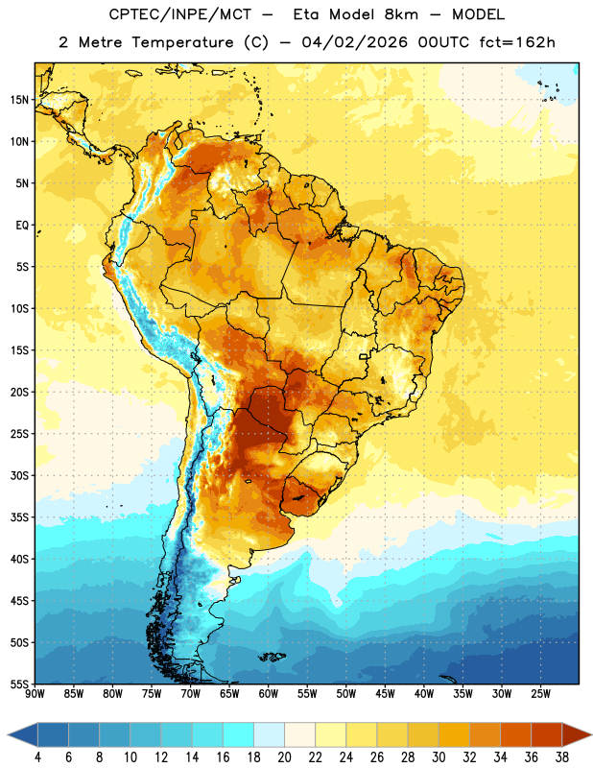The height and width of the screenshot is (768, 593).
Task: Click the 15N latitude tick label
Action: [19, 100]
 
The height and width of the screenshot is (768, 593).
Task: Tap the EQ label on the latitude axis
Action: [22, 226]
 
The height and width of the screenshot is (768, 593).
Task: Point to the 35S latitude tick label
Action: [19, 517]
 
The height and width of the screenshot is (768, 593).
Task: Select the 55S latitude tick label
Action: [19, 684]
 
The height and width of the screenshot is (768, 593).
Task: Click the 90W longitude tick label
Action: [35, 694]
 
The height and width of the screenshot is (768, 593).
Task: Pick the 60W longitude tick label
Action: [269, 694]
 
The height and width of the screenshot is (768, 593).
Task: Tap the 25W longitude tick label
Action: [540, 694]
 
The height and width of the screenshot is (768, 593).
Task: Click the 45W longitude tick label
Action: [385, 694]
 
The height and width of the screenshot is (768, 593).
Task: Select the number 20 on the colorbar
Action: [284, 757]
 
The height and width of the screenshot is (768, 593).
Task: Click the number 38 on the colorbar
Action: [562, 757]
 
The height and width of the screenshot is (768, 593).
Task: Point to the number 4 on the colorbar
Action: [37, 757]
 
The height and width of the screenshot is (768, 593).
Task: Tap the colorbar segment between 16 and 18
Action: [239, 734]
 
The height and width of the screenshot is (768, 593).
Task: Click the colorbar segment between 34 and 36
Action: [515, 734]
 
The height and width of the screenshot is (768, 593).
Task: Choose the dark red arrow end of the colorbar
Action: [575, 734]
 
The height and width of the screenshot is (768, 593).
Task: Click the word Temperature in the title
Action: [182, 42]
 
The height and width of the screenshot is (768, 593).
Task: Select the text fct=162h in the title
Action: [517, 42]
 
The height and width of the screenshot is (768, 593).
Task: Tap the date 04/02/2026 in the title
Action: [354, 42]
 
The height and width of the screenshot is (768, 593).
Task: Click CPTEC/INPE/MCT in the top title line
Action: [179, 14]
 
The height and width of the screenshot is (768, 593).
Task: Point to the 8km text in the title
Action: [401, 14]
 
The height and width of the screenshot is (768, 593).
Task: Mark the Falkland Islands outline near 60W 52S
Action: [272, 657]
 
